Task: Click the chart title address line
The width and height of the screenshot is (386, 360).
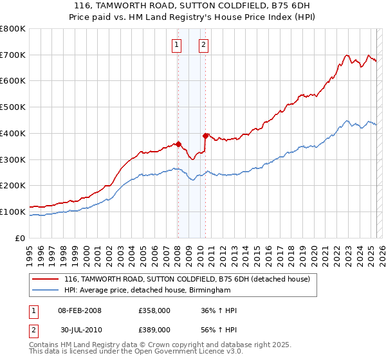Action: pyautogui.click(x=192, y=6)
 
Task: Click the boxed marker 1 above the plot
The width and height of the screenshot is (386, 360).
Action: pyautogui.click(x=176, y=45)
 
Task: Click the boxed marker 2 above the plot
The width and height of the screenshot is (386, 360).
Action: pyautogui.click(x=203, y=45)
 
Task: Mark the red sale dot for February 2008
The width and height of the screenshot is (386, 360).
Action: pyautogui.click(x=178, y=145)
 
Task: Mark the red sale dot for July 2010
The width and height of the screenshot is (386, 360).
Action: pyautogui.click(x=206, y=136)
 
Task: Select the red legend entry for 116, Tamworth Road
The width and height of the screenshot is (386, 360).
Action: pyautogui.click(x=187, y=279)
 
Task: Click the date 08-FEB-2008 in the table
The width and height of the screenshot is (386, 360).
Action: pyautogui.click(x=79, y=310)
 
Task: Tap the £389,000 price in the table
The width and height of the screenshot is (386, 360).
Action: pyautogui.click(x=154, y=329)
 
